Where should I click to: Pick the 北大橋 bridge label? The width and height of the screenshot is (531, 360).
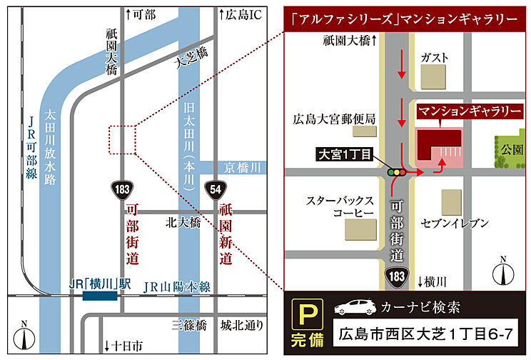click(181, 222)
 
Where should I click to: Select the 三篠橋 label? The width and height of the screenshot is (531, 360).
click(189, 325)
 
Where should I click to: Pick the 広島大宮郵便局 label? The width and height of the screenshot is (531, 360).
click(333, 119)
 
